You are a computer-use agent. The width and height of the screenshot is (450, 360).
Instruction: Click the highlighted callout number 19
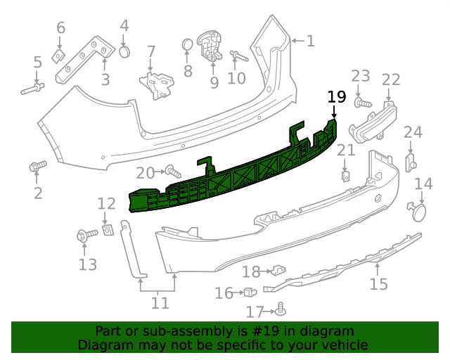tap(337, 97)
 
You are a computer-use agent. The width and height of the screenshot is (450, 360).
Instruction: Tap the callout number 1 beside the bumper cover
tap(310, 41)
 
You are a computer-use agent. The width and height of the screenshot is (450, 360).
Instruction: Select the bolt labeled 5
tap(33, 89)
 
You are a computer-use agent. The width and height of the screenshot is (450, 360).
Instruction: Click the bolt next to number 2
tap(37, 167)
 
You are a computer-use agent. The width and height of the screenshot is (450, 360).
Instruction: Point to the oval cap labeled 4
tap(124, 51)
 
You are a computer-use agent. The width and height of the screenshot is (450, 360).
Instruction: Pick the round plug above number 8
tap(188, 45)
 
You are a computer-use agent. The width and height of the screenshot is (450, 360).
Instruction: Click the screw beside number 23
tap(364, 103)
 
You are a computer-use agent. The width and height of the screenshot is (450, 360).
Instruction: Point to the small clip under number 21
tap(346, 175)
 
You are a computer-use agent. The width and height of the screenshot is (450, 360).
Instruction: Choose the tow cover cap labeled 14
tap(418, 210)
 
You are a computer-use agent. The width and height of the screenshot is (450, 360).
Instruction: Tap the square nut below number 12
tap(108, 229)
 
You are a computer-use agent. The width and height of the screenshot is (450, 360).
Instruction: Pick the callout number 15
tap(379, 284)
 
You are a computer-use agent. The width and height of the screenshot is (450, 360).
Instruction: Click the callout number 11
tap(160, 303)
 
